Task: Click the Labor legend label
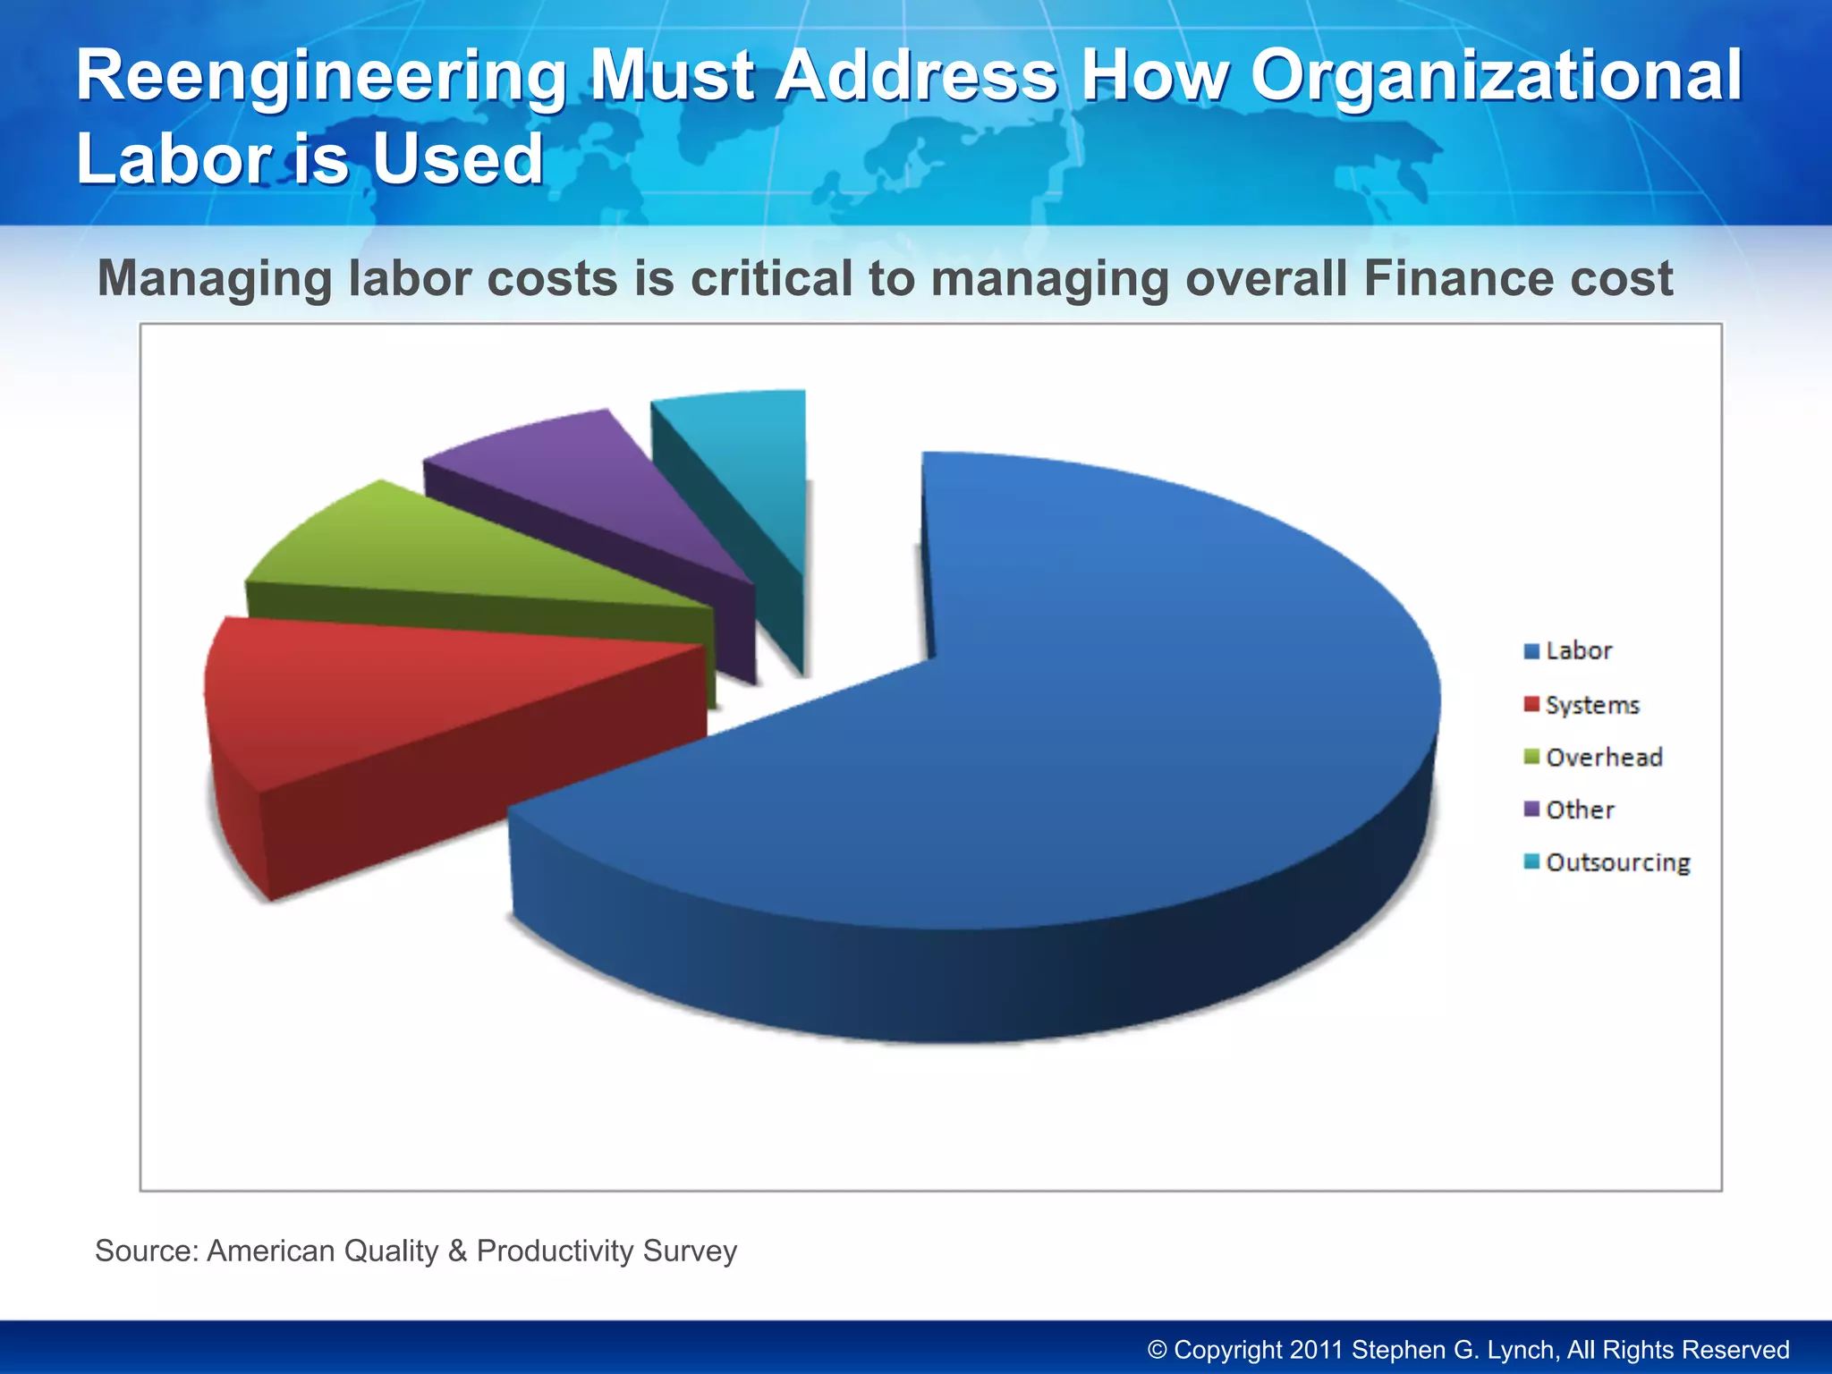coord(1579,650)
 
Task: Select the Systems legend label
coord(1592,705)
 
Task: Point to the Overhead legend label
coord(1604,758)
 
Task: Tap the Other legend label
coord(1580,810)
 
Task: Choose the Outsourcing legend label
coord(1617,862)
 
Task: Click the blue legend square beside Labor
coord(1531,651)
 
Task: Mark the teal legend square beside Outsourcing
coord(1531,862)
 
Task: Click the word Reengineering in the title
coord(320,76)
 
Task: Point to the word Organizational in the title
coord(1496,76)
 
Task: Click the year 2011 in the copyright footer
coord(1316,1350)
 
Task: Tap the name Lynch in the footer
coord(1513,1350)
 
